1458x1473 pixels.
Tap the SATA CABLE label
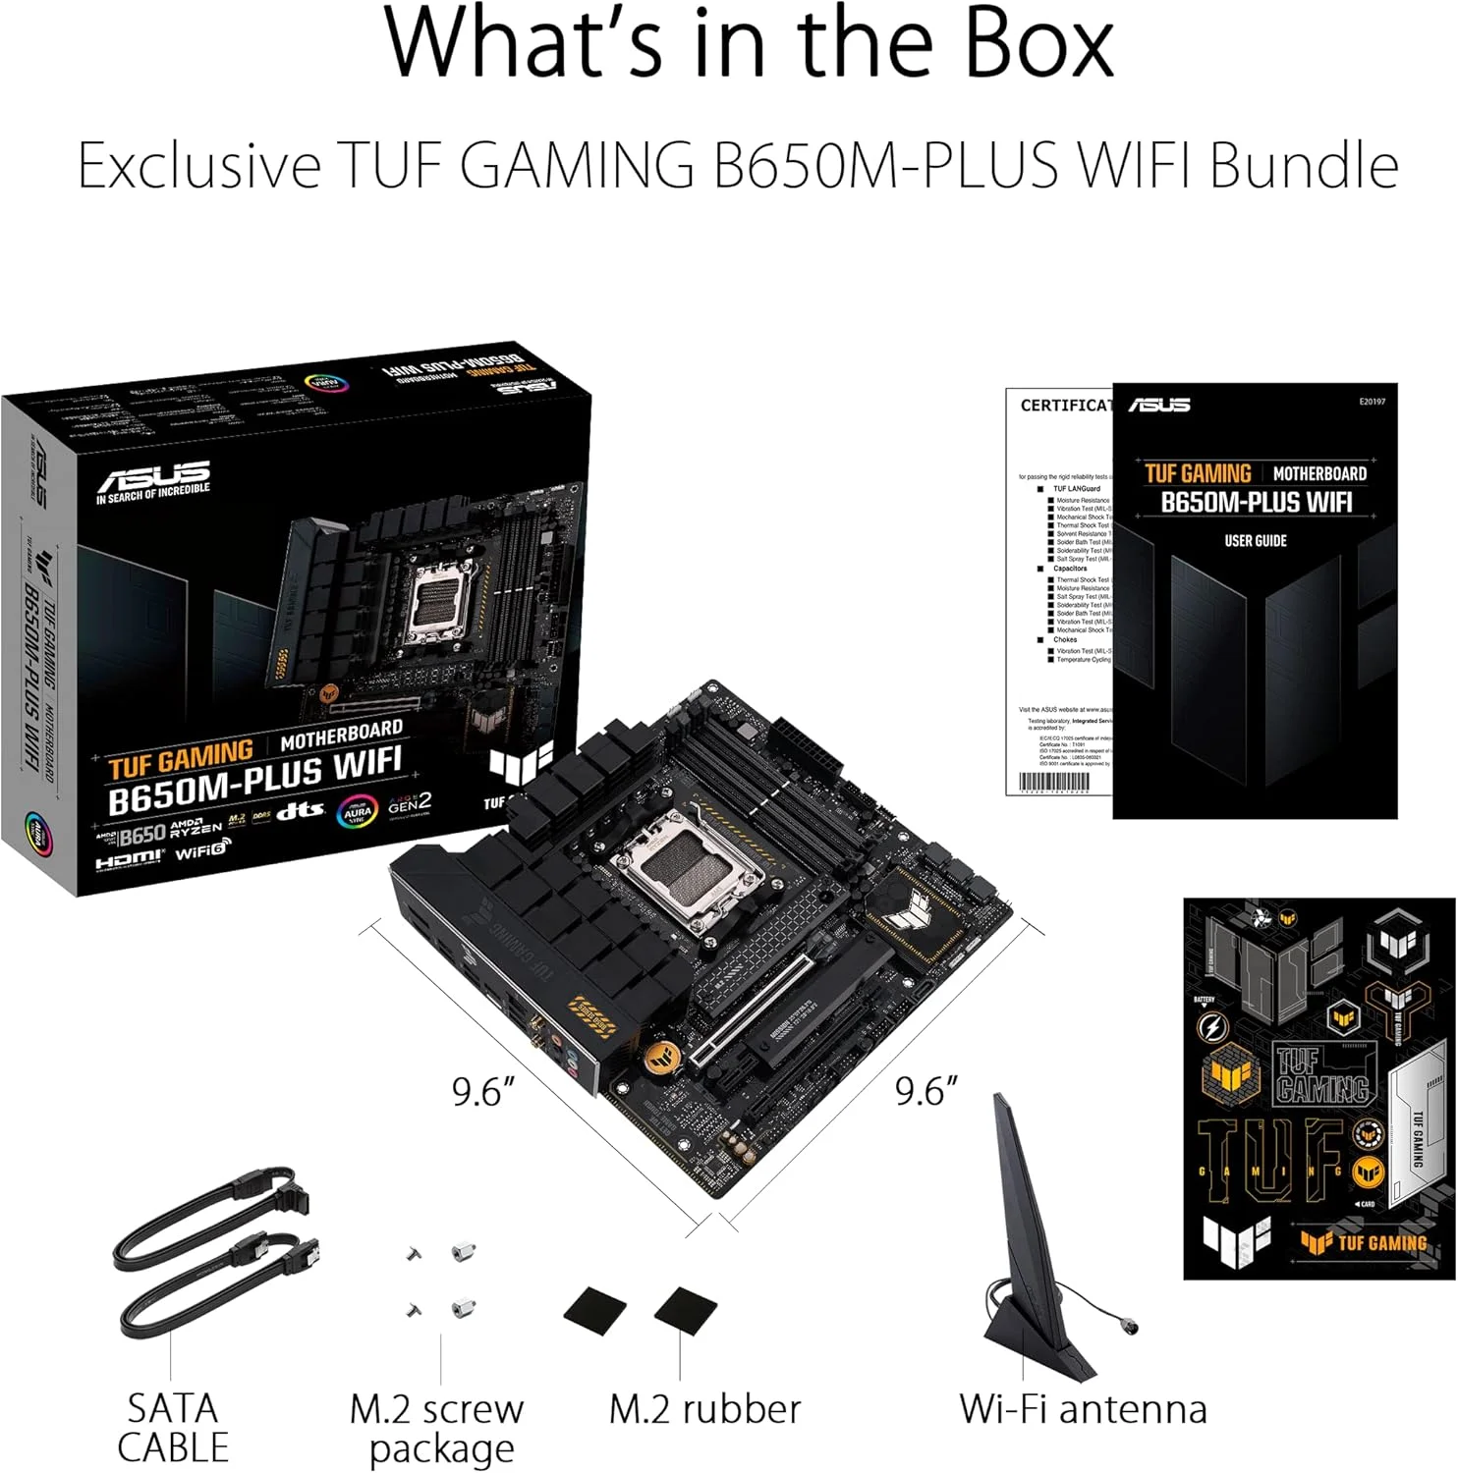173,1428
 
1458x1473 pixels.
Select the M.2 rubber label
704,1409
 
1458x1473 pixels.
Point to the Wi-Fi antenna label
1083,1409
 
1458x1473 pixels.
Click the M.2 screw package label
438,1429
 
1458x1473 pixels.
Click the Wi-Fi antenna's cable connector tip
1131,1327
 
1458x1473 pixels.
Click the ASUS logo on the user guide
1159,405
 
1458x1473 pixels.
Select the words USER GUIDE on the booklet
1255,541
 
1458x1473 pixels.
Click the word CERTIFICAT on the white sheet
1065,406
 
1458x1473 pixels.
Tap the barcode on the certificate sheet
1054,783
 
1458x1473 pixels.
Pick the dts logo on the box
300,811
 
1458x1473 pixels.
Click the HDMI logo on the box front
129,860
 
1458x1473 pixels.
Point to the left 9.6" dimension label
483,1091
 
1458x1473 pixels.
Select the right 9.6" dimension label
926,1091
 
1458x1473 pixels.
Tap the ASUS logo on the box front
154,478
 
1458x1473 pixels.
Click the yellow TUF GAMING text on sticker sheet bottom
1380,1242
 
